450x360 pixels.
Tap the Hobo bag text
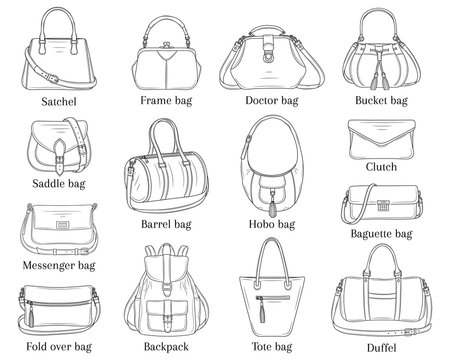pyautogui.click(x=272, y=223)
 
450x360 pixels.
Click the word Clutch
pyautogui.click(x=382, y=167)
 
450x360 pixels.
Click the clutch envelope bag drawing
pyautogui.click(x=383, y=137)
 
